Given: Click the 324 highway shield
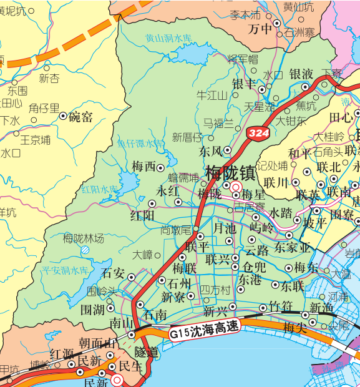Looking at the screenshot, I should point(258,132).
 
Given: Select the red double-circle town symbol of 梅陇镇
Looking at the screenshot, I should point(235,186).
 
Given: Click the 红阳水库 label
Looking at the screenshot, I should point(99,189).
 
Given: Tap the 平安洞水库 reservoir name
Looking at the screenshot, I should point(66,270).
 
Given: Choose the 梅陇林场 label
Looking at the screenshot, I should point(84,237).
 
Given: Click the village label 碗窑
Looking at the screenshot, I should point(81,116).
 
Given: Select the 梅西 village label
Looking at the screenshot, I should point(144,167).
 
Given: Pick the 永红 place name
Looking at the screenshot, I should point(168,192).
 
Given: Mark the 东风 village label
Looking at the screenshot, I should point(211,151).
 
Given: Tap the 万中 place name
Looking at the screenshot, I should point(260,29).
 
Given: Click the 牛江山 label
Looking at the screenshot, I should point(212,96).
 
